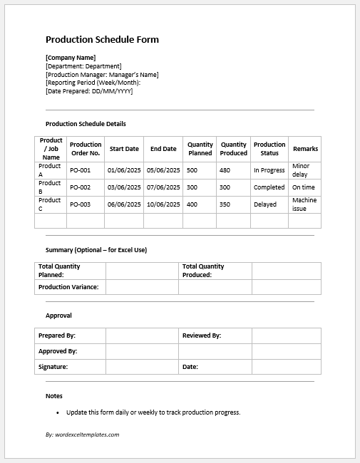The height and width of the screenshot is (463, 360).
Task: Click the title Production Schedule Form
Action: pyautogui.click(x=102, y=40)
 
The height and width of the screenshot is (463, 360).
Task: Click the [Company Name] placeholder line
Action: pyautogui.click(x=71, y=58)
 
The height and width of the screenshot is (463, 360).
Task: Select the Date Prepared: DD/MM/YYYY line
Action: pyautogui.click(x=89, y=91)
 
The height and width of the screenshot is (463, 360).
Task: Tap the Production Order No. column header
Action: pyautogui.click(x=86, y=149)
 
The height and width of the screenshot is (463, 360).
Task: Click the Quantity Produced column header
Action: pyautogui.click(x=233, y=149)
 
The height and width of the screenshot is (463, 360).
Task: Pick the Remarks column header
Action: pyautogui.click(x=305, y=149)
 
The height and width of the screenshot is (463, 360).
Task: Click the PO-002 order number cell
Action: pyautogui.click(x=80, y=187)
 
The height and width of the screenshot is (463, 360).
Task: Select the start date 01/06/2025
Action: pyautogui.click(x=123, y=171)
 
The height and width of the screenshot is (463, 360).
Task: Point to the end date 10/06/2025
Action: pyautogui.click(x=163, y=204)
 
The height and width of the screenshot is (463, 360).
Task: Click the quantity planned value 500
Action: pyautogui.click(x=192, y=171)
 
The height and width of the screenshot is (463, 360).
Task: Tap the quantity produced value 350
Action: pyautogui.click(x=225, y=204)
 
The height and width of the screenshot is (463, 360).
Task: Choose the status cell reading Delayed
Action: pyautogui.click(x=266, y=204)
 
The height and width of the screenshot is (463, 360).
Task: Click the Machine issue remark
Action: pyautogui.click(x=304, y=204)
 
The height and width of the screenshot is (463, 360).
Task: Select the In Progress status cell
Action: pyautogui.click(x=269, y=171)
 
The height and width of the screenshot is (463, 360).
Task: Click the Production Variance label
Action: pyautogui.click(x=68, y=287)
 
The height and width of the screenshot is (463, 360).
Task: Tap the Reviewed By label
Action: pyautogui.click(x=202, y=335)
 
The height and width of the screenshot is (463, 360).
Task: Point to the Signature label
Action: pyautogui.click(x=53, y=367)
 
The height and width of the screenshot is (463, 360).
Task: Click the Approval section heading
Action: pyautogui.click(x=58, y=316)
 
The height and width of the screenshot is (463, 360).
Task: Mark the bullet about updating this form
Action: pyautogui.click(x=153, y=412)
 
